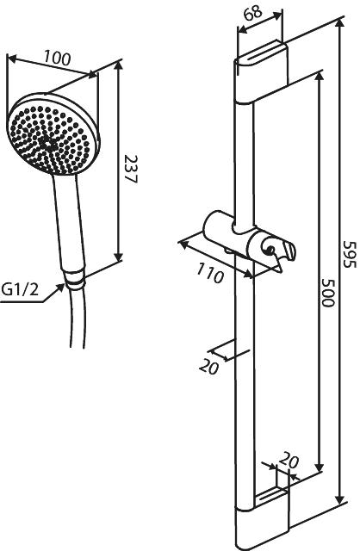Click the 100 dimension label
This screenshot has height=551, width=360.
[x=58, y=58]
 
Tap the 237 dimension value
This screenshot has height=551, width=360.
[x=131, y=169]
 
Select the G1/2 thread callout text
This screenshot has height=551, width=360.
[x=20, y=290]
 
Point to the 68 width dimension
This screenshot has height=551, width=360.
[x=252, y=12]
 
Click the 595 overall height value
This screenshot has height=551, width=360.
[x=350, y=254]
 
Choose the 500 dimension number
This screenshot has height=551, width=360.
[x=327, y=293]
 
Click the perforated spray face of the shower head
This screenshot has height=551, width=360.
[x=50, y=139]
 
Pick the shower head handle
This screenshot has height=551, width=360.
[x=70, y=222]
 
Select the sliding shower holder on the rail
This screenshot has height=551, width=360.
[x=251, y=243]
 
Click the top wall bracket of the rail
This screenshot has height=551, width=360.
[x=262, y=74]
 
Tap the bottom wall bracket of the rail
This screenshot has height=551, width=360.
[x=262, y=520]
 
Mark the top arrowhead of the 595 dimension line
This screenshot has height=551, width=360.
[x=339, y=25]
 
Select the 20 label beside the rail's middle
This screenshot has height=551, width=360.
[x=208, y=368]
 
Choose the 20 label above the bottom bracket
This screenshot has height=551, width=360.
[x=289, y=460]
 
